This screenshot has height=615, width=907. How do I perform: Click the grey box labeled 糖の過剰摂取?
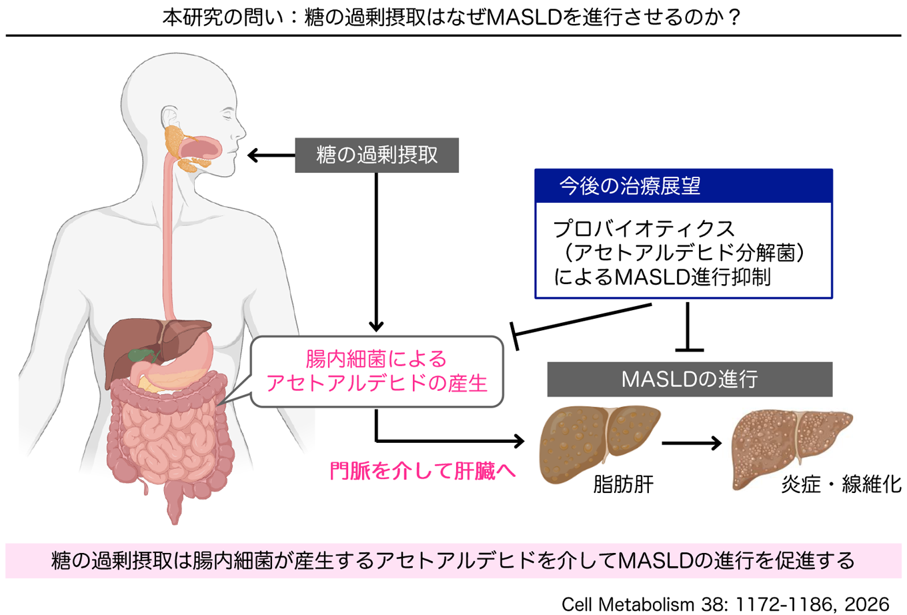click(377, 155)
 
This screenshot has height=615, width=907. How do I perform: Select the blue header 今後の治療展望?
click(684, 186)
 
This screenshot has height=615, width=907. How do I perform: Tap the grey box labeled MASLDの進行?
click(690, 380)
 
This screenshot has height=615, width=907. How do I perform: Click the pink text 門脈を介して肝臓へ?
click(423, 471)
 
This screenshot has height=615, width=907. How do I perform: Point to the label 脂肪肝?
click(624, 484)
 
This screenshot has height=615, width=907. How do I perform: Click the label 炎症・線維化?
click(841, 484)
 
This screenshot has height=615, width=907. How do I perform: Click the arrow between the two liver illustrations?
click(692, 444)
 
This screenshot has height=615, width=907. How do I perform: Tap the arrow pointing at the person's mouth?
click(271, 155)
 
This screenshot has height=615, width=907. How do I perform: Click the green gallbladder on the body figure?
click(141, 355)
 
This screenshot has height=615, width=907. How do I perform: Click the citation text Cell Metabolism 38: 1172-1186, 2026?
click(725, 605)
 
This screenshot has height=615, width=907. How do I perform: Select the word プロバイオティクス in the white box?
click(644, 229)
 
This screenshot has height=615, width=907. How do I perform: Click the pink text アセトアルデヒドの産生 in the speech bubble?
click(377, 383)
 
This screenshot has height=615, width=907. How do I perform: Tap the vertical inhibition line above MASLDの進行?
click(688, 327)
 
